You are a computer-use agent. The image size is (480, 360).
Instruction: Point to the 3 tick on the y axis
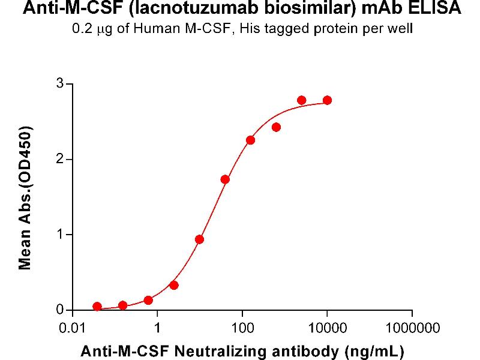(60, 84)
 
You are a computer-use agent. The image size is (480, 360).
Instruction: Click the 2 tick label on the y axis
(60, 159)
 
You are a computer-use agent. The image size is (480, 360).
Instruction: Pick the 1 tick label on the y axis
(60, 235)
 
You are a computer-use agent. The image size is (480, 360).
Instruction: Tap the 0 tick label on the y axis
(60, 310)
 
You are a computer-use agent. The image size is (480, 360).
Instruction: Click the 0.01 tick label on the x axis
(72, 328)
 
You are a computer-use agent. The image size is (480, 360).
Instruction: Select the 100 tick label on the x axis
(242, 328)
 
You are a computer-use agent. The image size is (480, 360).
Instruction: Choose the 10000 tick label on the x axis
(326, 328)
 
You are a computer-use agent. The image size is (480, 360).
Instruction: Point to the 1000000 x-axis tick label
(412, 328)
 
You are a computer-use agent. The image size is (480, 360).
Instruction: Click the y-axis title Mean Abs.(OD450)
(25, 197)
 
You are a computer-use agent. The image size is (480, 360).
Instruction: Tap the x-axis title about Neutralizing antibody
(242, 350)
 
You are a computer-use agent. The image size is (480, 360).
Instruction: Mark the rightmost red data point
(327, 100)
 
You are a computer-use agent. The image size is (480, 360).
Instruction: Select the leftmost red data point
(97, 307)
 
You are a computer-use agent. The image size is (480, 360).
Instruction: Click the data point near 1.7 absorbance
(225, 179)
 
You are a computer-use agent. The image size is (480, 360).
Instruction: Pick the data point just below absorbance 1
(200, 239)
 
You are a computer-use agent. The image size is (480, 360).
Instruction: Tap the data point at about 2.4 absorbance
(276, 127)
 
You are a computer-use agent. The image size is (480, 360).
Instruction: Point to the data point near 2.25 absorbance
(251, 140)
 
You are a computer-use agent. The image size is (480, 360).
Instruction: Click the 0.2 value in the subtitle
(80, 28)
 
